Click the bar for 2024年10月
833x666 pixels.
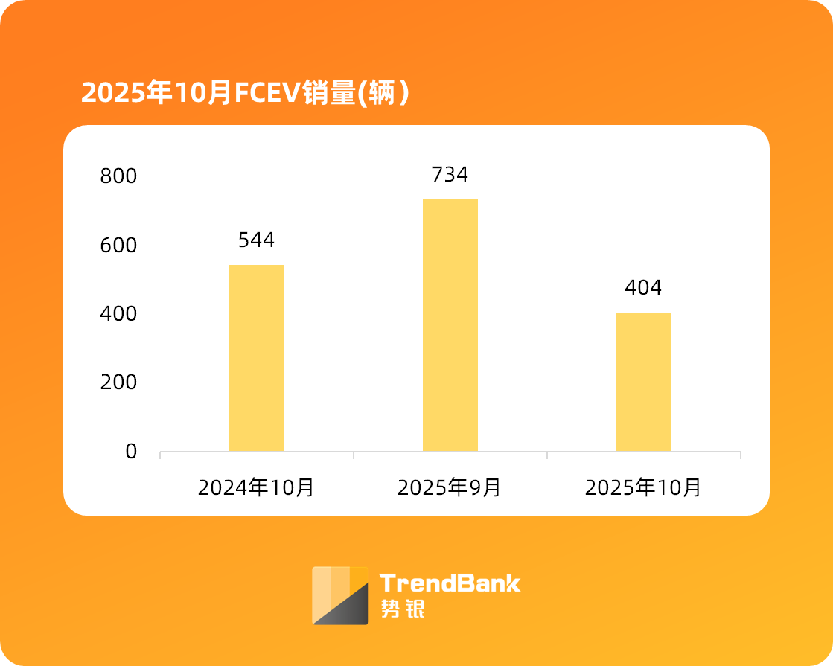click(x=256, y=358)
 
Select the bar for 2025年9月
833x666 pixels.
click(x=450, y=325)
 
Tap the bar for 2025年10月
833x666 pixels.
click(x=643, y=382)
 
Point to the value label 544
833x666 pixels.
click(x=256, y=240)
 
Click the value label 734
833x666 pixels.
click(x=450, y=175)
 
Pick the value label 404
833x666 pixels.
click(x=643, y=288)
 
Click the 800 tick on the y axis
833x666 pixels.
click(x=118, y=176)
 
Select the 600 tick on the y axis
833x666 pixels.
click(x=118, y=245)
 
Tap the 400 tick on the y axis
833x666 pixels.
click(x=118, y=314)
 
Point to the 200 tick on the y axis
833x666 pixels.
click(x=118, y=382)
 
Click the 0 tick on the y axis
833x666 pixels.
click(x=131, y=451)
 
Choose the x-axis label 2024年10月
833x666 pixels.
click(x=256, y=488)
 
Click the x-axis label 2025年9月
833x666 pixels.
click(x=450, y=488)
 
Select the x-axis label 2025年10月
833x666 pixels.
click(x=643, y=488)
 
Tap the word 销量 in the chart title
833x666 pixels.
click(x=328, y=93)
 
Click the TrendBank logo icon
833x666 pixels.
click(x=340, y=595)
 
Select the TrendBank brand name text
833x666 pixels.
click(x=450, y=583)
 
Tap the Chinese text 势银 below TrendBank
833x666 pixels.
click(x=402, y=609)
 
